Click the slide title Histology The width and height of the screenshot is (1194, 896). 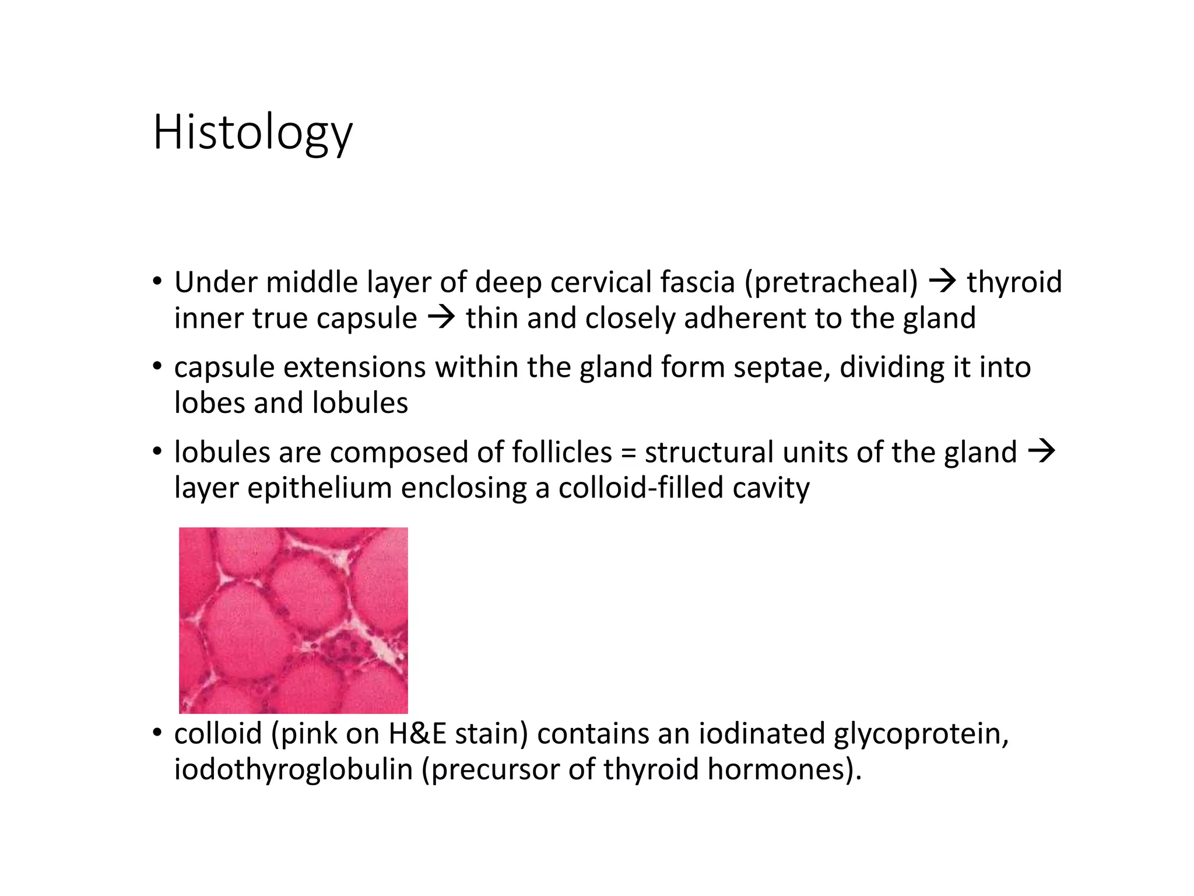click(252, 133)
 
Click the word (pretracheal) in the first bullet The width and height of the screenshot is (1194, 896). click(831, 283)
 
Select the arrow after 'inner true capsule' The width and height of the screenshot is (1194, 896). click(441, 318)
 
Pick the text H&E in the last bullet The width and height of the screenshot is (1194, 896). click(417, 734)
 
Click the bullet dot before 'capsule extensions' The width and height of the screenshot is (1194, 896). click(156, 367)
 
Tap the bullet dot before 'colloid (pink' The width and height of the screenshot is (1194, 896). click(156, 733)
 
